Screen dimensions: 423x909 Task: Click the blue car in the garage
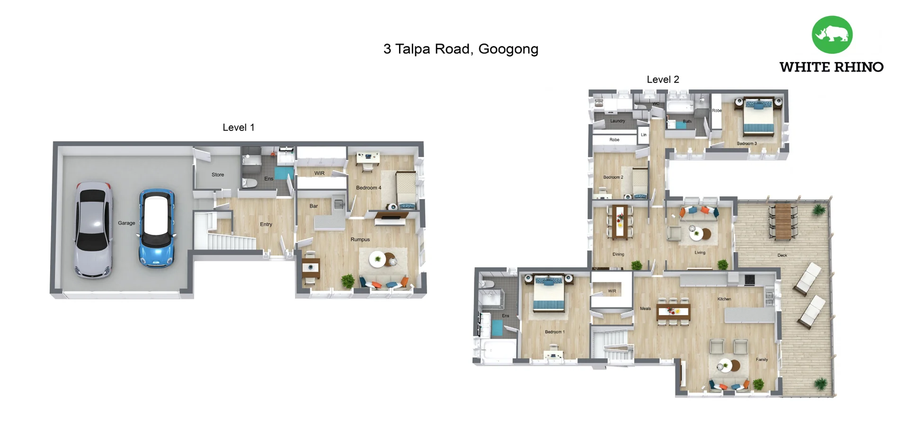(x=157, y=228)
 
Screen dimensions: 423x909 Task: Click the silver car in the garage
(x=93, y=229)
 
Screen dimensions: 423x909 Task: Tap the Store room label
(x=218, y=175)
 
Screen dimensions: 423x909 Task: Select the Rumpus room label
(x=360, y=239)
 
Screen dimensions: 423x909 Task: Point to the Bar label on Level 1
(x=313, y=206)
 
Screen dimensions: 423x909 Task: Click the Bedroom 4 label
(x=368, y=188)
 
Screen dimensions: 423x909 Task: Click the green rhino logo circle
(x=832, y=35)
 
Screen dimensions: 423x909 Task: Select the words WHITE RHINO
(x=831, y=67)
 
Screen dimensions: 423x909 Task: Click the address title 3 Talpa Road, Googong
(x=461, y=49)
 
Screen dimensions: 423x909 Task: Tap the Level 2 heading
(x=663, y=79)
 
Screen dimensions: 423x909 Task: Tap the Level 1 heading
(x=239, y=127)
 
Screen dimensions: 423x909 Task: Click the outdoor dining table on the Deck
(x=783, y=221)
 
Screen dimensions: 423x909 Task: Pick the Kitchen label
(x=724, y=299)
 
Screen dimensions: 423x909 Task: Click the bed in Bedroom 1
(x=549, y=295)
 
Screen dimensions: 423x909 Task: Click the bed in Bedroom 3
(x=758, y=117)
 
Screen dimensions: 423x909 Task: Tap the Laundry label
(x=617, y=121)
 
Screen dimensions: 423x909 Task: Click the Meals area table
(x=673, y=311)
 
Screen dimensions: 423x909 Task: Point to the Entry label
(x=266, y=224)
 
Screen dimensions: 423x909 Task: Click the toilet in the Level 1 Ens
(x=250, y=183)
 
